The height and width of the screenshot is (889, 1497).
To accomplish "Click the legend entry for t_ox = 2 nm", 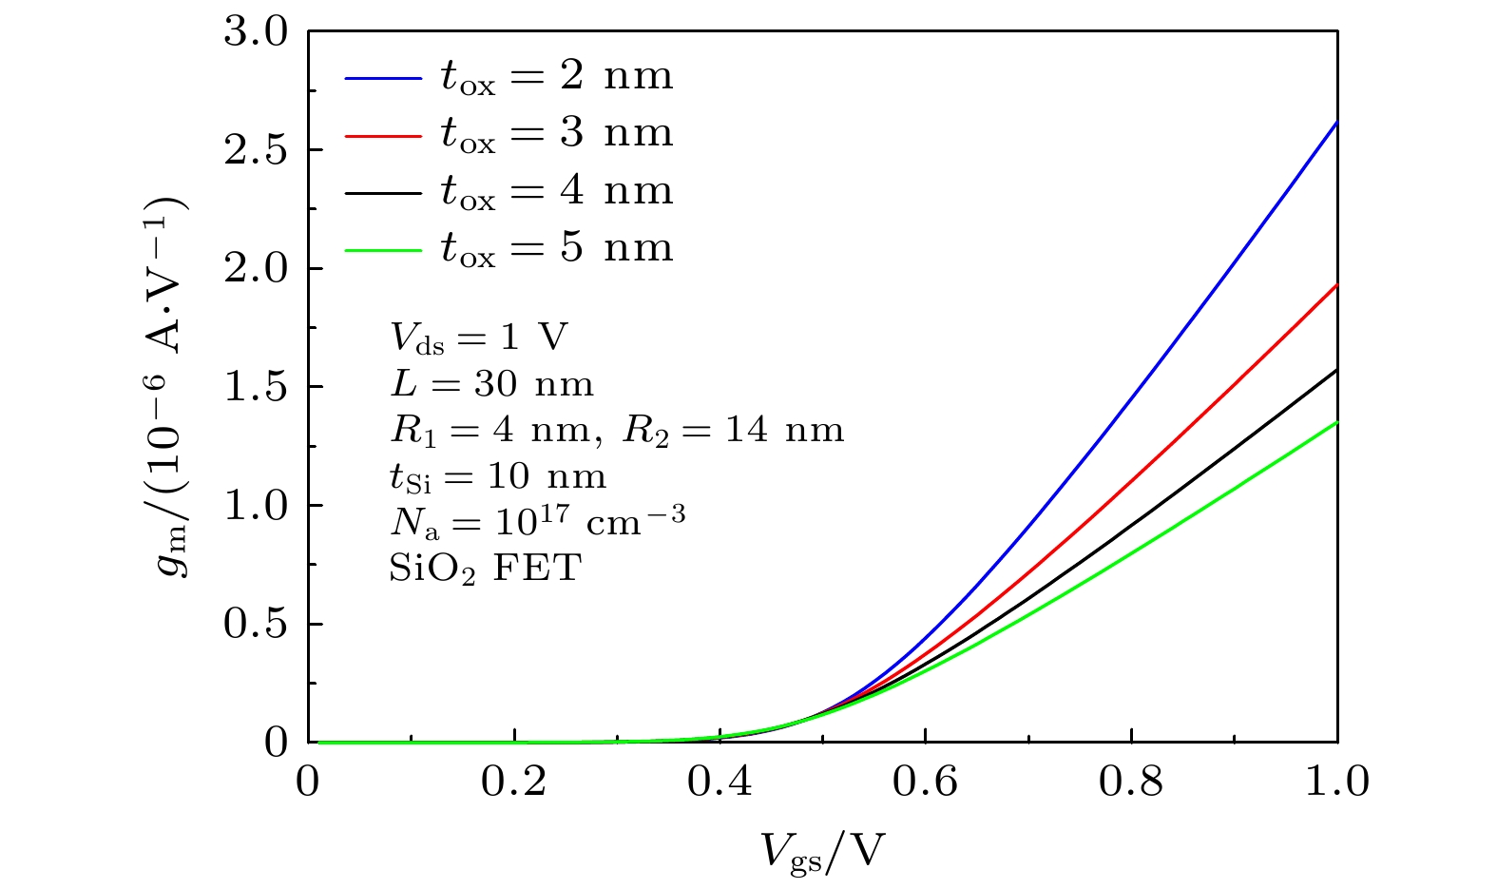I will coord(556,76).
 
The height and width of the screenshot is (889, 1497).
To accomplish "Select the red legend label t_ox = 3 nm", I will coord(556,133).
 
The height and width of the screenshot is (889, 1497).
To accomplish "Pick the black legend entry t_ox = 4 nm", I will coord(556,190).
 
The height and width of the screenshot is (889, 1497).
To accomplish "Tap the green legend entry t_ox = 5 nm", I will coord(556,247).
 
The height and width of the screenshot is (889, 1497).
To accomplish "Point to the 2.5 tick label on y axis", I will coord(255,150).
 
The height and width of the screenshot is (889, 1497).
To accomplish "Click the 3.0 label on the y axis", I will coord(255,32).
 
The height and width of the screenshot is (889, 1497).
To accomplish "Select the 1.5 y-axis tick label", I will coord(255,387).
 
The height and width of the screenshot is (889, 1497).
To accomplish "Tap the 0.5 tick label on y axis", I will coord(255,624).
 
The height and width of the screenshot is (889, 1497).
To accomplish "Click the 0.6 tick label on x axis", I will coord(925,782).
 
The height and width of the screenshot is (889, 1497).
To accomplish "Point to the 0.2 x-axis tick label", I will coord(513,782).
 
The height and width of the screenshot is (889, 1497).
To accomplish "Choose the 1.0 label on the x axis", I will coord(1335,782).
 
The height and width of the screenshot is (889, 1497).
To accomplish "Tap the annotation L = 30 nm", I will coord(491,384).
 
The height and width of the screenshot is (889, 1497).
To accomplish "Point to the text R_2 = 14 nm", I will coord(733,431).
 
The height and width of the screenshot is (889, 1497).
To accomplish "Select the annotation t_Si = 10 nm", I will coord(497,476).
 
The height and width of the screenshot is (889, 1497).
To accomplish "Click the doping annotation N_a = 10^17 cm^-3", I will coord(537,520).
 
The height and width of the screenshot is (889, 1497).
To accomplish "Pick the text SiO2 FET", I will coord(485,569).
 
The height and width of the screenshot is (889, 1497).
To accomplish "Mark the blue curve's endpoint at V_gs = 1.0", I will coord(1335,123).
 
